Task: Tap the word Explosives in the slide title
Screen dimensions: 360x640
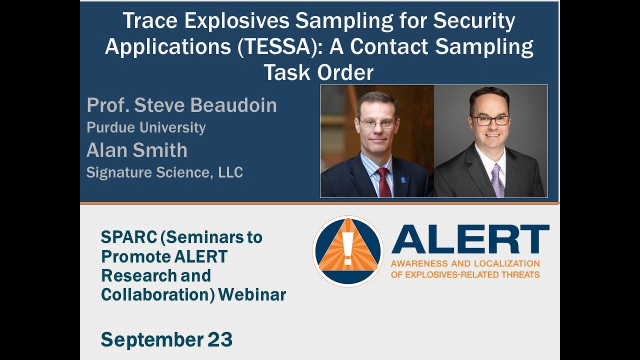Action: pos(219,21)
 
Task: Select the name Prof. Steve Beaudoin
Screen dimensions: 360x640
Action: pos(181,105)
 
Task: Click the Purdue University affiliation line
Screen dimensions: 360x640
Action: pos(146,127)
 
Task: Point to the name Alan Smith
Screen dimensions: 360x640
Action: pos(136,150)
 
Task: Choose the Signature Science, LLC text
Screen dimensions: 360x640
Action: pos(164,172)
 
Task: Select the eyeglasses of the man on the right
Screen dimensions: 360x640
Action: pos(490,120)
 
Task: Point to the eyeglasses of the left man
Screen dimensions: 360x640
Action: pos(376,123)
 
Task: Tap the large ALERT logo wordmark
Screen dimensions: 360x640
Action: pos(470,239)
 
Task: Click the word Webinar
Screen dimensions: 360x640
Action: pos(252,294)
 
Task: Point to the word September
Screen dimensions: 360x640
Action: pos(152,340)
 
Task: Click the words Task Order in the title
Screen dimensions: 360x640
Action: pos(318,73)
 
